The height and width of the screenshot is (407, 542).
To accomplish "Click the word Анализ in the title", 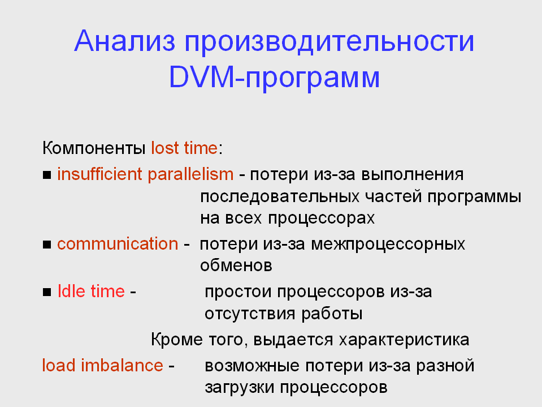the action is pyautogui.click(x=125, y=41).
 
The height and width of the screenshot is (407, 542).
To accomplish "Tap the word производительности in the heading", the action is pyautogui.click(x=329, y=43).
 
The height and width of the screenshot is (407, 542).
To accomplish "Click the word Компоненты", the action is pyautogui.click(x=94, y=148).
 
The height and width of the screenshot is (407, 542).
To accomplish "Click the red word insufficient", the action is pyautogui.click(x=99, y=174).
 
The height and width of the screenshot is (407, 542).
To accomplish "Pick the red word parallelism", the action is pyautogui.click(x=191, y=174).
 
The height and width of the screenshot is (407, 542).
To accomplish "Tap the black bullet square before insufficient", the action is pyautogui.click(x=47, y=175).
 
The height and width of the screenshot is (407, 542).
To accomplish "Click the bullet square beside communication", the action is pyautogui.click(x=47, y=245).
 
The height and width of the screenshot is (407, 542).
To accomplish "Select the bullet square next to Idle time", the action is pyautogui.click(x=47, y=293).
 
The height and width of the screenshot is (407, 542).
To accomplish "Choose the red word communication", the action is pyautogui.click(x=118, y=243).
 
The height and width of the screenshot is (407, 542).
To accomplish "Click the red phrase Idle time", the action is pyautogui.click(x=91, y=291).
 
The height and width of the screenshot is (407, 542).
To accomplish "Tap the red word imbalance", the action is pyautogui.click(x=122, y=365).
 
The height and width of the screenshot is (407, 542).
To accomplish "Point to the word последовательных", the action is pyautogui.click(x=280, y=197).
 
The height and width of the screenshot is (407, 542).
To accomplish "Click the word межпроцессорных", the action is pyautogui.click(x=388, y=245).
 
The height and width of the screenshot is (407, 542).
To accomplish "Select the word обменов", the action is pyautogui.click(x=236, y=266).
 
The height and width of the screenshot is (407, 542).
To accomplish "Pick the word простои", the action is pyautogui.click(x=238, y=292).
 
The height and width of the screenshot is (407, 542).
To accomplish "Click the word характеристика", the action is pyautogui.click(x=404, y=340).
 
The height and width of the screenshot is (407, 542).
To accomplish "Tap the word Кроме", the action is pyautogui.click(x=177, y=339).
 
